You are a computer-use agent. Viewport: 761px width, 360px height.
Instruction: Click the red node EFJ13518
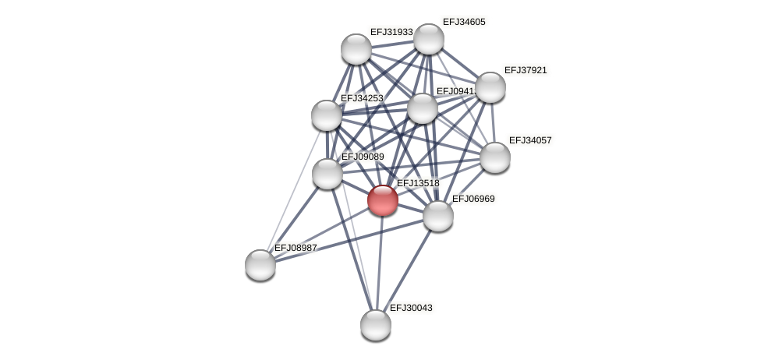coord(383,200)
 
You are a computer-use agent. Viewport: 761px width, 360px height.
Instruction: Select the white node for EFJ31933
coord(356,49)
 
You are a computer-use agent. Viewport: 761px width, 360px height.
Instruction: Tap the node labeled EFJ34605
coord(429,39)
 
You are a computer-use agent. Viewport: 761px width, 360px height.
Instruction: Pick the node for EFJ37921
coord(490,87)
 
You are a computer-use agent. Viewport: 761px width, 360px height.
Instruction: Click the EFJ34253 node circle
coord(327,115)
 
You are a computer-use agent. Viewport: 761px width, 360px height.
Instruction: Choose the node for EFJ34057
coord(495,157)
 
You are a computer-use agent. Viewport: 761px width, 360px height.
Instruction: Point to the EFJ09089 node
coord(327,174)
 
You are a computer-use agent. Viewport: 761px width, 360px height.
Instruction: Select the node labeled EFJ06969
coord(438,216)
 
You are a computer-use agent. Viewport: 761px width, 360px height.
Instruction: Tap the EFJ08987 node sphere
coord(260,265)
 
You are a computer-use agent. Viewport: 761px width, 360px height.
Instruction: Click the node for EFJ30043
coord(376,325)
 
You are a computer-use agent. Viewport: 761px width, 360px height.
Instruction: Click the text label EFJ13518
coord(418,183)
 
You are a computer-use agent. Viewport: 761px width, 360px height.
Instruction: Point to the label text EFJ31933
coord(391,32)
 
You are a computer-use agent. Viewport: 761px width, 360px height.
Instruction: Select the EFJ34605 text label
coord(464,22)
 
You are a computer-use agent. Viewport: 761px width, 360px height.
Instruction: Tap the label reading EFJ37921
coord(526,70)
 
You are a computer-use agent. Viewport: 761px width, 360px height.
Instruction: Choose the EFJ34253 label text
coord(362,98)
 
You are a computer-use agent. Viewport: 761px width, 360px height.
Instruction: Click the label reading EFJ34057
coord(530,140)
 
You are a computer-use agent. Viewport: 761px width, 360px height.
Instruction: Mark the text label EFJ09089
coord(363,157)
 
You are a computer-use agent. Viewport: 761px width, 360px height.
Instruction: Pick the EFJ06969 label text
coord(473,199)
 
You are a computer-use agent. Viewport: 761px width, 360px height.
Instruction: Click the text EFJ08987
coord(296,248)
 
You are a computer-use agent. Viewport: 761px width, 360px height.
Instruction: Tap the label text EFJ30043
coord(411,308)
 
